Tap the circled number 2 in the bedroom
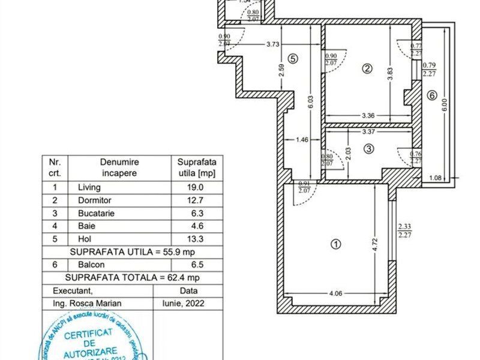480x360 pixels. point(367,68)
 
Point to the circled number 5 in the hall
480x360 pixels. point(292,59)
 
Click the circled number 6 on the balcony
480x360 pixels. point(431,95)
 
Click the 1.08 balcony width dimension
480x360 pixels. point(436,177)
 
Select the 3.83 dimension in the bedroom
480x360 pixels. point(390,74)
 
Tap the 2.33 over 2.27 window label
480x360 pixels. point(404,230)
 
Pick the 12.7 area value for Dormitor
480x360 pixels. point(196,200)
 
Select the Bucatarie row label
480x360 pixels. point(96,213)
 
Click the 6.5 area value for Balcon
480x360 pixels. point(196,264)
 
